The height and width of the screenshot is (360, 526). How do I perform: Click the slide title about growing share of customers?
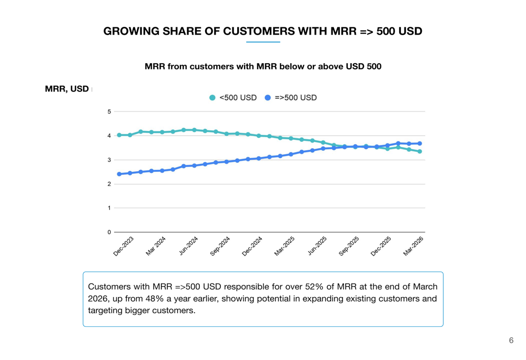coord(262,31)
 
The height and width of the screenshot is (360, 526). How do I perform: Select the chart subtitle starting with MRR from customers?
coord(262,67)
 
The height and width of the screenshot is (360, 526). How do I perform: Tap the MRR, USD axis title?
coord(67,89)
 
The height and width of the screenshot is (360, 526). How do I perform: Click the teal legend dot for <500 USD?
coord(213,98)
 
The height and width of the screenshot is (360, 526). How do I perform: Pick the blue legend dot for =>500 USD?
coord(268,98)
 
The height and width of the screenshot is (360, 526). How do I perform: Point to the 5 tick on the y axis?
coord(109,111)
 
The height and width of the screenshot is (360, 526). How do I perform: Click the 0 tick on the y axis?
coord(109,232)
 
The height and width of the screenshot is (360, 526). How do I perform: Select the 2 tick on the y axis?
coord(109,184)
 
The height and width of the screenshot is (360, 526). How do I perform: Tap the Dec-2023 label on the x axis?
coord(124,246)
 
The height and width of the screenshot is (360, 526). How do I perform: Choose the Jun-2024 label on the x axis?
coord(188,246)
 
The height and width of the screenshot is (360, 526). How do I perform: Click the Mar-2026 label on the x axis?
coord(413,246)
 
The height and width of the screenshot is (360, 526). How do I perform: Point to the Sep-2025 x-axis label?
coord(349,246)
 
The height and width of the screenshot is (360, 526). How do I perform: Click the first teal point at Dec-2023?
coord(119,135)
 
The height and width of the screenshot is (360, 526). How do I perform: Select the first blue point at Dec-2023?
coord(119,174)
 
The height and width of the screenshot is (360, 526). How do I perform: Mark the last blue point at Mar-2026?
coord(420,143)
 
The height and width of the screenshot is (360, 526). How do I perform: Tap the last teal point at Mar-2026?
coord(420,151)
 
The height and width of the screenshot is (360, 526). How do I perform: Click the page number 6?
coord(511,341)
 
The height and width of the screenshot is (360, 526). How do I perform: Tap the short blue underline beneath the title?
coord(263,42)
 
